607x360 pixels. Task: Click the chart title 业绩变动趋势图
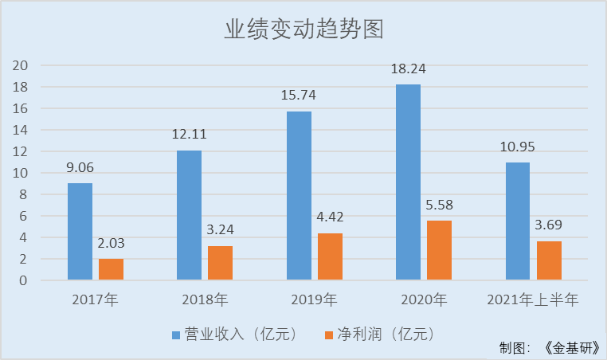click(303, 29)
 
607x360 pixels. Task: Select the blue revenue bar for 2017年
click(80, 232)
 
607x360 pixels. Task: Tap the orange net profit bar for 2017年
click(111, 269)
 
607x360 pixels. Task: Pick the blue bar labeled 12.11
click(189, 215)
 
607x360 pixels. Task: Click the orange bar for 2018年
click(220, 263)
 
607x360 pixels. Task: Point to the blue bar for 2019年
click(299, 196)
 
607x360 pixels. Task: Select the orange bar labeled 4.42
click(330, 256)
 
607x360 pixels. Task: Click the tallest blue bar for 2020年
click(408, 182)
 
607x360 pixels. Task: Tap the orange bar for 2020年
click(439, 250)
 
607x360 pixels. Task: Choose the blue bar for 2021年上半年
click(517, 221)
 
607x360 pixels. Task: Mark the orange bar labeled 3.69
click(548, 260)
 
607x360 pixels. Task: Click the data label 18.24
click(408, 69)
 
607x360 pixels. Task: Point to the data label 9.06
click(80, 168)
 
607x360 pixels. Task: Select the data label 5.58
click(439, 205)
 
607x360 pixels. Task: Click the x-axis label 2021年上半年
click(532, 300)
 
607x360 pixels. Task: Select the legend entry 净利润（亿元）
click(379, 334)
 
